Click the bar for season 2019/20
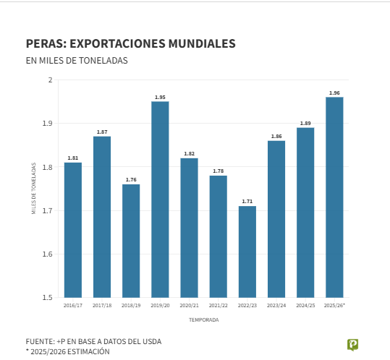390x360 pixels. click(160, 199)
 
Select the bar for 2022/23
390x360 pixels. click(247, 252)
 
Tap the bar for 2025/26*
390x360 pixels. click(334, 197)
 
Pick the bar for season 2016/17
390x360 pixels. click(73, 230)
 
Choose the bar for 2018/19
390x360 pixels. click(131, 241)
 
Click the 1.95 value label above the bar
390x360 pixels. click(160, 97)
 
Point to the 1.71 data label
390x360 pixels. click(247, 202)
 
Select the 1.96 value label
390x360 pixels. click(334, 93)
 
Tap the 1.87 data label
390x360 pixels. click(102, 132)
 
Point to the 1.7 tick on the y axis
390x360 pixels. click(48, 210)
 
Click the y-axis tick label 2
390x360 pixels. click(51, 80)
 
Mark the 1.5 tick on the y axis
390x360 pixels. click(48, 297)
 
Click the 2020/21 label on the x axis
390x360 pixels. click(189, 306)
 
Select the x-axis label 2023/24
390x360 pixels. click(276, 306)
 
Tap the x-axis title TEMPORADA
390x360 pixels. click(203, 320)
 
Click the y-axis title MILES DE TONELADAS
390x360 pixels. click(33, 188)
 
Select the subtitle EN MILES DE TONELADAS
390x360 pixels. click(77, 61)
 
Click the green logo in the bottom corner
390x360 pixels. click(352, 345)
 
